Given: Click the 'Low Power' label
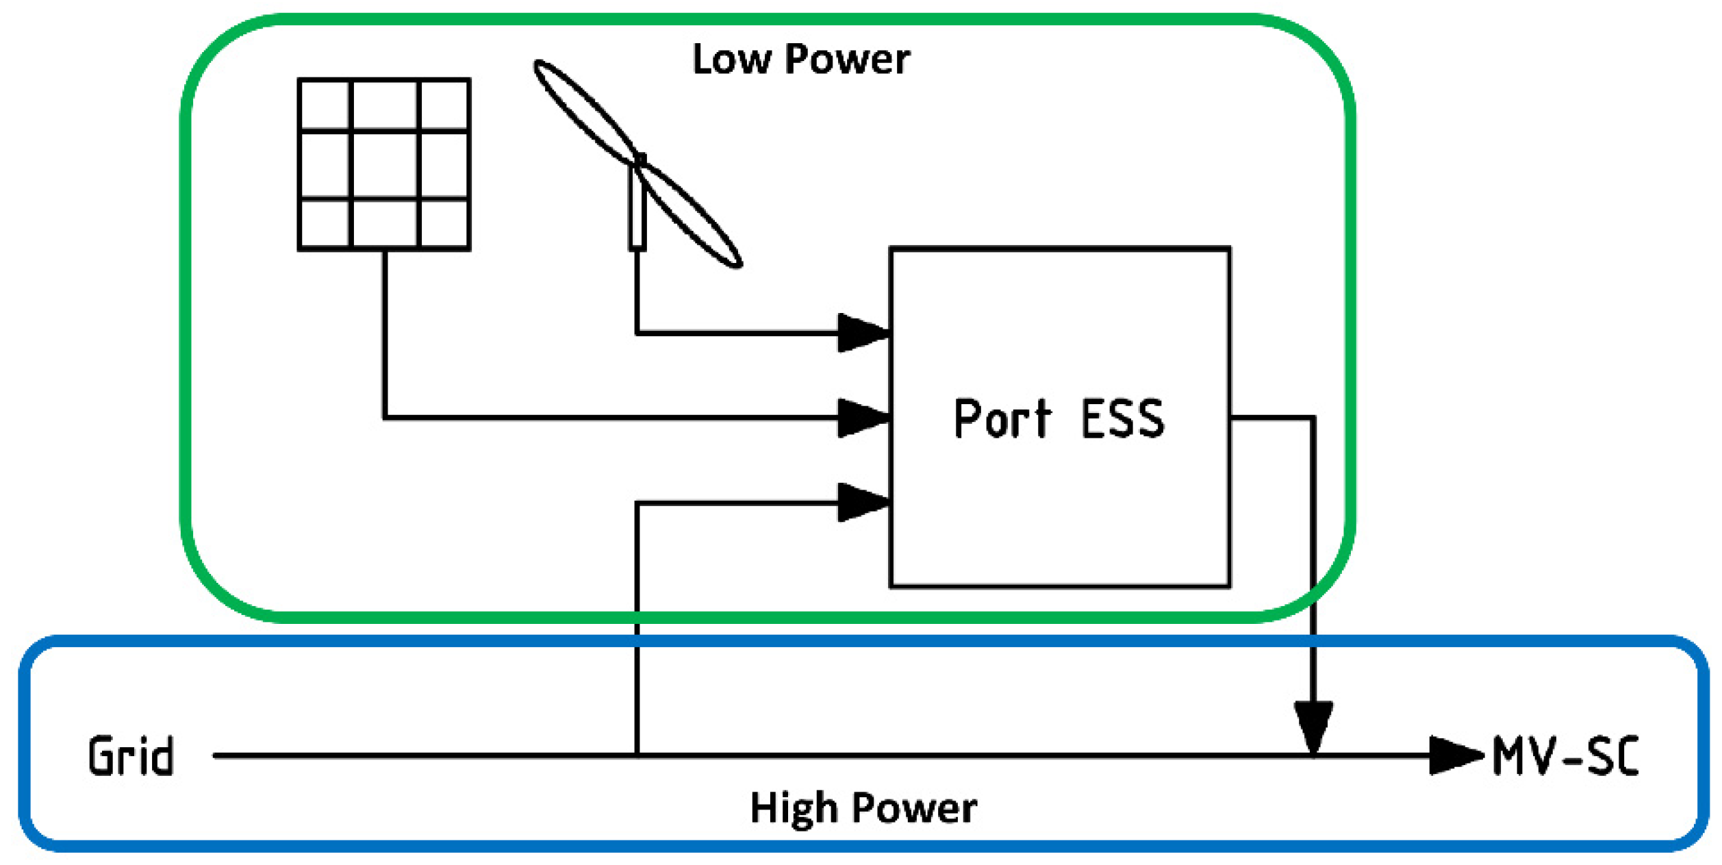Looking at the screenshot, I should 800,59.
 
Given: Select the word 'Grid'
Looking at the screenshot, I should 131,756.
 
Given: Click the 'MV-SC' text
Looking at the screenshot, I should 1565,756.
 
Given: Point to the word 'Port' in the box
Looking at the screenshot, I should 1002,418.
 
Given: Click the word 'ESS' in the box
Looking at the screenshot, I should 1122,418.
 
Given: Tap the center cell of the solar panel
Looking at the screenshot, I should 383,164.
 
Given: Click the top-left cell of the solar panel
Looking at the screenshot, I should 325,104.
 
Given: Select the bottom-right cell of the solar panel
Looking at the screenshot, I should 444,224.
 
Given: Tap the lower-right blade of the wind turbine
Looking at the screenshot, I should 692,216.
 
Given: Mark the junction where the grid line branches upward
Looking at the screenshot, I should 637,756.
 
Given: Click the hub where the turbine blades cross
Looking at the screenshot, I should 639,163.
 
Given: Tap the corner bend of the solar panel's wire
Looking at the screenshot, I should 385,417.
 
